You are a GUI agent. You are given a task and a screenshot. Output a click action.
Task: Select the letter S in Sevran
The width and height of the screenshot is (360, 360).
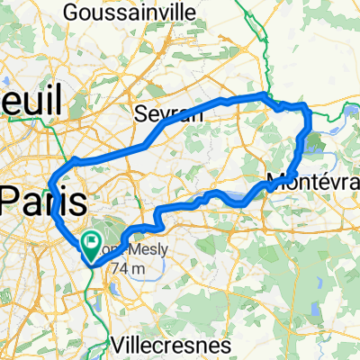tap(139, 113)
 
